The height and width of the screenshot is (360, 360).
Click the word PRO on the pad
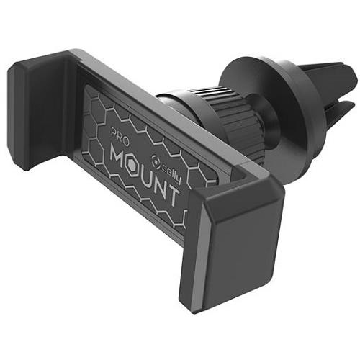(x=120, y=137)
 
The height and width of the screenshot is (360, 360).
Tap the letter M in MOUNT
(x=120, y=158)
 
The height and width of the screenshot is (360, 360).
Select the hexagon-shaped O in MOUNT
(x=136, y=168)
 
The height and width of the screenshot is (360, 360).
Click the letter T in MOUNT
(x=174, y=196)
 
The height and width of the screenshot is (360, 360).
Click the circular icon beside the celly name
(x=156, y=160)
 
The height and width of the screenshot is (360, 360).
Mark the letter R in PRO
(x=120, y=137)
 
